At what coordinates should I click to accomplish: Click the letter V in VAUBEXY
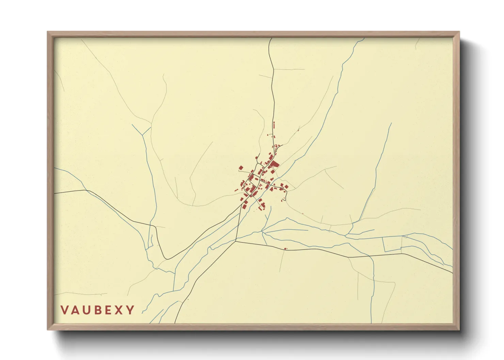64,310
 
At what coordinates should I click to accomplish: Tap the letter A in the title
75,310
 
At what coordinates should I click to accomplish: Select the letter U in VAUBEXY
86,310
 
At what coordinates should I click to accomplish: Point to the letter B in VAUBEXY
97,310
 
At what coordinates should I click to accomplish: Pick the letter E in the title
108,310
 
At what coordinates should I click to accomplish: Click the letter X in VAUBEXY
119,310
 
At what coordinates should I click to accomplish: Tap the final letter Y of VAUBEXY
130,310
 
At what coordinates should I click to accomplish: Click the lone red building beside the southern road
285,249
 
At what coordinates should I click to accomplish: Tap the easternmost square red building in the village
287,186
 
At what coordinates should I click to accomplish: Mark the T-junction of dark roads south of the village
236,241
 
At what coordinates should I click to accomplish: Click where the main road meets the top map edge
271,38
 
